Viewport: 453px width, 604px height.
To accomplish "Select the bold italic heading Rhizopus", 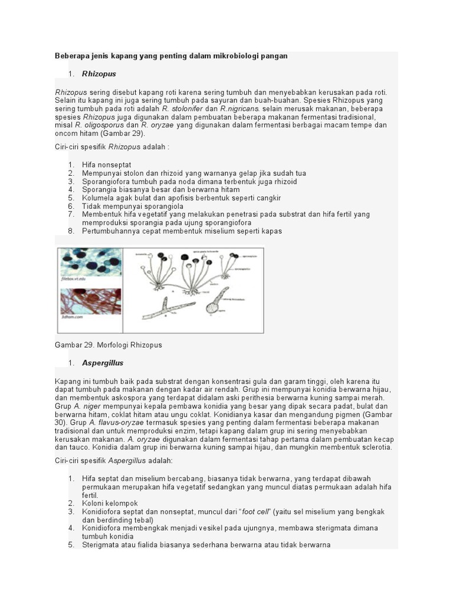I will tap(99, 74).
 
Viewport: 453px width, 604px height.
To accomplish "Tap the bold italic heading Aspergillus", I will tap(103, 363).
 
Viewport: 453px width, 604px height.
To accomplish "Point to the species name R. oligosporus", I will tap(99, 126).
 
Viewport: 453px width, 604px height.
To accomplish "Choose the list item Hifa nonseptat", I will tap(107, 165).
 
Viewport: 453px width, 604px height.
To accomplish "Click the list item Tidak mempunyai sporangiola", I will tap(133, 206).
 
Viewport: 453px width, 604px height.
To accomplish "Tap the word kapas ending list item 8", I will tap(272, 231).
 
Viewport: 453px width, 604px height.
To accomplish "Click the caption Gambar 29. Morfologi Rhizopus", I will tap(108, 344).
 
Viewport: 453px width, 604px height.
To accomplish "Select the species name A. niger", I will tap(86, 406).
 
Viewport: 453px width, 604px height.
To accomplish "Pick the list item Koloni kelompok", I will tap(110, 503).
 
